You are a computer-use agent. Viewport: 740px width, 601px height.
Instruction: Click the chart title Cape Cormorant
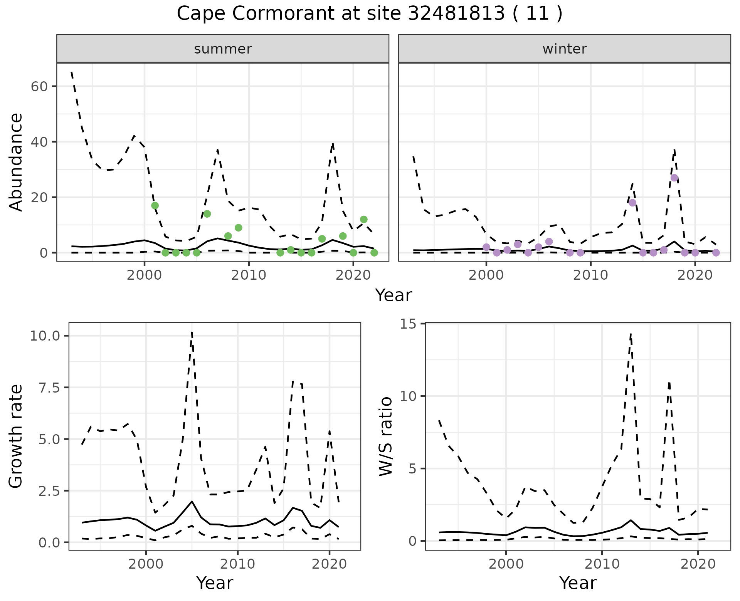point(369,14)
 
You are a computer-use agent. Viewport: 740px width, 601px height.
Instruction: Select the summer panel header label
point(223,49)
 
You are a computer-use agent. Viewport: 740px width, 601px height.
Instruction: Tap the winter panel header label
point(564,49)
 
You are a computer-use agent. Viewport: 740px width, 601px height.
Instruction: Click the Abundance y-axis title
point(16,162)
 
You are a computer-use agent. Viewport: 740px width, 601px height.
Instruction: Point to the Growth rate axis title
point(16,436)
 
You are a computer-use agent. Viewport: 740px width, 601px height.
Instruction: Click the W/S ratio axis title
point(385,436)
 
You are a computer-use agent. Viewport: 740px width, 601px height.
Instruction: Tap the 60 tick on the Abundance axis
point(39,86)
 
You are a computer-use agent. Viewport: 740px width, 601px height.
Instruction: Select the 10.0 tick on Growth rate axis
point(45,336)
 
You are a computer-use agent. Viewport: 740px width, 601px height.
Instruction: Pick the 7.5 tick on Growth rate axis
point(49,388)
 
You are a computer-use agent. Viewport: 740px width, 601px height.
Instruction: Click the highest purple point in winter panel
point(674,178)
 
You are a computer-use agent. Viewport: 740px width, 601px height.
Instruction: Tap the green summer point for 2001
point(155,205)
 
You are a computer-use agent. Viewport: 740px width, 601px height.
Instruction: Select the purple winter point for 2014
point(632,203)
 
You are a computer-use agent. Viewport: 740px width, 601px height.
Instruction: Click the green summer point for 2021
point(363,219)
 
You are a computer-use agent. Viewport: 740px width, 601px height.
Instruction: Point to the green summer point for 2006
point(207,214)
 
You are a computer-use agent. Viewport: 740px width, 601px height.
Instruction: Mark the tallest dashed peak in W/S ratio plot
point(631,334)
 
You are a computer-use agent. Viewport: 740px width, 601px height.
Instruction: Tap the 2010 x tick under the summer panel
point(249,275)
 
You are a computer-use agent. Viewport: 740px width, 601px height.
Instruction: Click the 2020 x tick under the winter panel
point(695,275)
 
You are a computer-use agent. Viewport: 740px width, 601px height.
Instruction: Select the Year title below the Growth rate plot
point(214,583)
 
